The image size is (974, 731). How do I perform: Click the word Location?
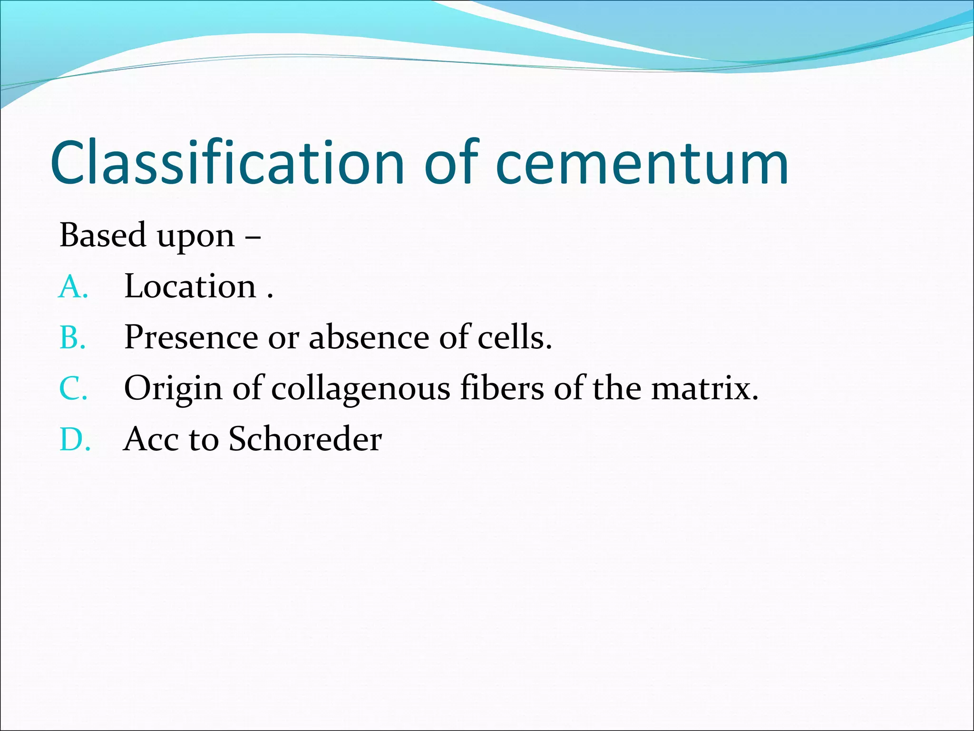click(x=190, y=286)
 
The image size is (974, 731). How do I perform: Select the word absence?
click(x=369, y=337)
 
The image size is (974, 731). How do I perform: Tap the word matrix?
click(x=704, y=389)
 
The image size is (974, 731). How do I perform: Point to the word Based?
click(x=102, y=235)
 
